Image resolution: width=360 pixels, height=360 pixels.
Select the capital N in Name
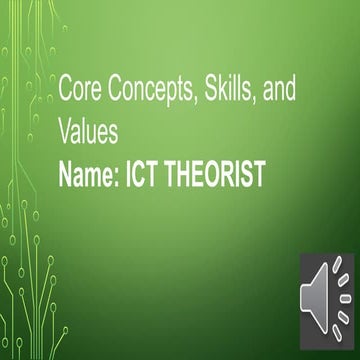[69, 176]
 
